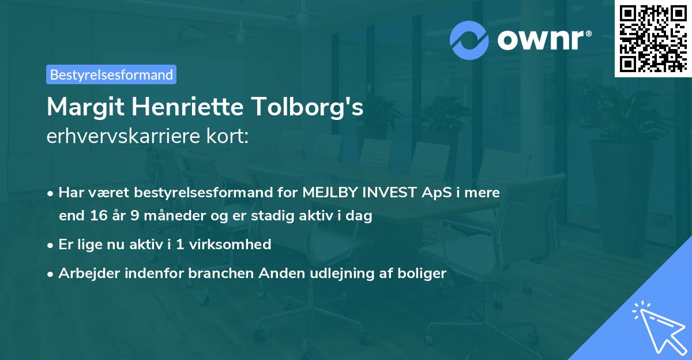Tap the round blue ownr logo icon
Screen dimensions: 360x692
click(469, 40)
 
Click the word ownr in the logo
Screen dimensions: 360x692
click(540, 40)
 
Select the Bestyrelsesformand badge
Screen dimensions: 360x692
click(111, 74)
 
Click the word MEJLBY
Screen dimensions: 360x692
click(330, 193)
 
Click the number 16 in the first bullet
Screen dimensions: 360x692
click(95, 216)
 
